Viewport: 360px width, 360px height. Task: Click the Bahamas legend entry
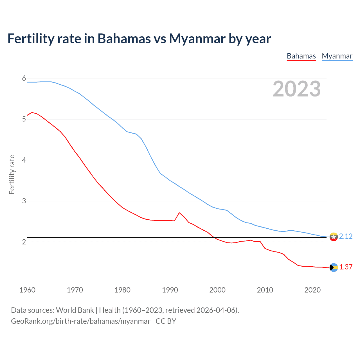click(301, 56)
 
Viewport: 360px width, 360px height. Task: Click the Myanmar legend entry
click(337, 56)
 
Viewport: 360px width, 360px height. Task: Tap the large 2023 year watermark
click(296, 89)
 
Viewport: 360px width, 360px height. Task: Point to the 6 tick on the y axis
click(24, 78)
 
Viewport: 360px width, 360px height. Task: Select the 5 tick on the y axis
click(24, 119)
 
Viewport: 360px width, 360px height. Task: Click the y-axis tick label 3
click(24, 201)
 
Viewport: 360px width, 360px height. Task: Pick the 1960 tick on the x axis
click(27, 290)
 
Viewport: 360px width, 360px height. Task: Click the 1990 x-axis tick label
click(170, 290)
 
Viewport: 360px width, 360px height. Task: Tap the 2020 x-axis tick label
click(312, 290)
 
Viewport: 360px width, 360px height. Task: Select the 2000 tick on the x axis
click(217, 290)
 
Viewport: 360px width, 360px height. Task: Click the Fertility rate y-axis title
click(12, 174)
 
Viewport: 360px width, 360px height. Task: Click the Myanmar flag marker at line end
click(334, 237)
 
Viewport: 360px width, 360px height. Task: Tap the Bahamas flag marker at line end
click(334, 267)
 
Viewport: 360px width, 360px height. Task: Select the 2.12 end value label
click(346, 236)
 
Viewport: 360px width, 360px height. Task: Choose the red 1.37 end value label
click(346, 267)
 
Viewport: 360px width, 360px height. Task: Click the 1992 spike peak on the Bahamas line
click(179, 213)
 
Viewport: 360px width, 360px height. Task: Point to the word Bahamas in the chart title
click(124, 39)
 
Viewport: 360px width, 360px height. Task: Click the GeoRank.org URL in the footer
click(80, 321)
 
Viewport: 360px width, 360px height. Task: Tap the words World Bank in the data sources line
click(75, 310)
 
